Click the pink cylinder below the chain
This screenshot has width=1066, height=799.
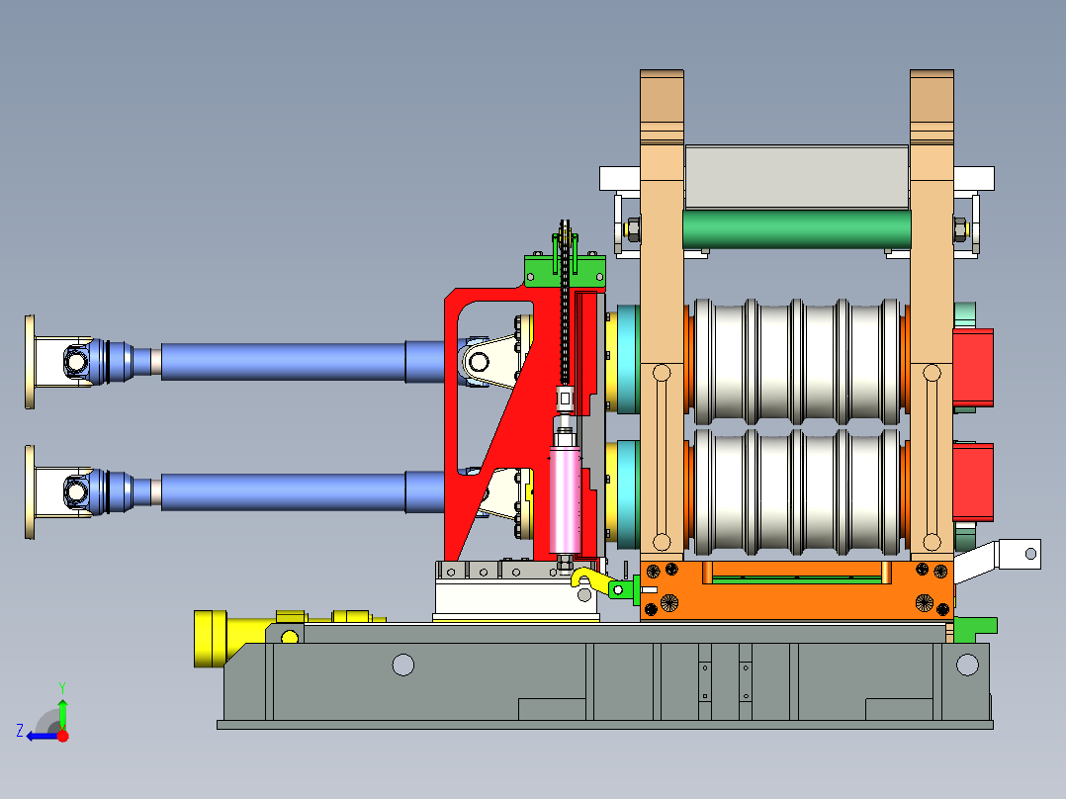[x=566, y=500]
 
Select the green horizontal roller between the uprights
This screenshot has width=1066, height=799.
[x=796, y=229]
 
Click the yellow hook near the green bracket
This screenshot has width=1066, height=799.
[x=590, y=578]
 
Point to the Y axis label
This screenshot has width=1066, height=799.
[x=62, y=688]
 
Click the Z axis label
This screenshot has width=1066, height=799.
[x=21, y=731]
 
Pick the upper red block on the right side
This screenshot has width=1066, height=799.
[x=973, y=368]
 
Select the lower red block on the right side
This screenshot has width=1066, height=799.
[x=973, y=482]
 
